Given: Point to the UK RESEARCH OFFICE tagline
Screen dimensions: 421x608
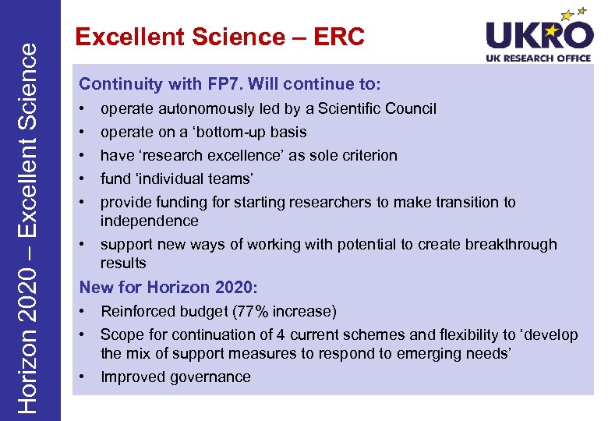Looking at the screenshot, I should tap(539, 58).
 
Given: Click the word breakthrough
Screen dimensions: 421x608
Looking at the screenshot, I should tap(511, 244).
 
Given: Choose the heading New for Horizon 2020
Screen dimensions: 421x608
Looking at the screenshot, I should tap(168, 287).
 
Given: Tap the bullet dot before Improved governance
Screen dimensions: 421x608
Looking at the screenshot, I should tap(82, 377).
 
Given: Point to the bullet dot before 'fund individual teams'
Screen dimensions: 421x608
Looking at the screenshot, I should tap(82, 179).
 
